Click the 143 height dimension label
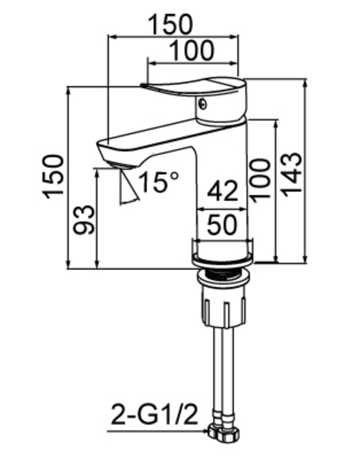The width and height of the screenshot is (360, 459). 292,175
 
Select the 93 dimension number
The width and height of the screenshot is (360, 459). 84,220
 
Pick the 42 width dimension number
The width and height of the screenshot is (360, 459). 222,191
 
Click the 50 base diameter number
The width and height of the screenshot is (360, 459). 222,225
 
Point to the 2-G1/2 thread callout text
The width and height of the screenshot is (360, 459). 155,415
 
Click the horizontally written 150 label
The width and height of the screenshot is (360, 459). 171,24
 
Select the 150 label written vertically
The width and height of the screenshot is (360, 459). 53,177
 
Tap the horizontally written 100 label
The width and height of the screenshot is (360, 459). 191,50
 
